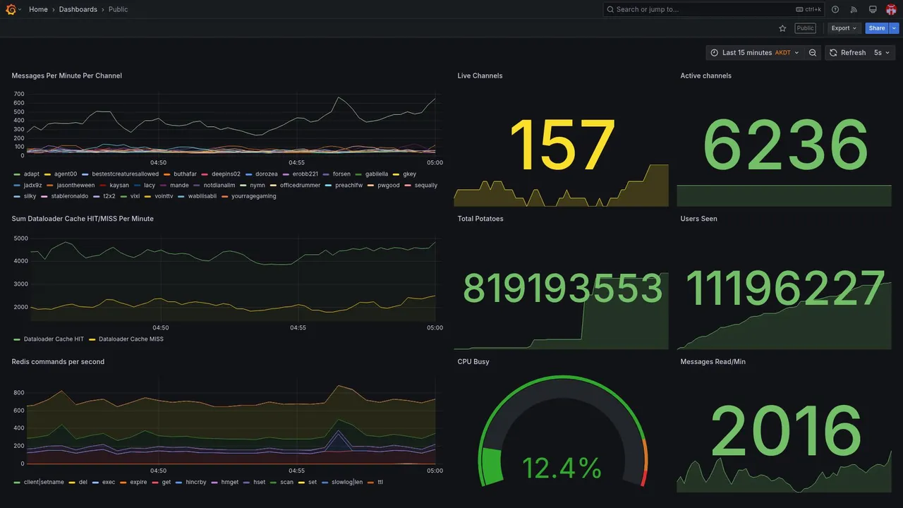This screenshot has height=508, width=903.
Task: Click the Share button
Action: point(877,28)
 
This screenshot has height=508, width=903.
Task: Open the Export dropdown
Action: point(844,28)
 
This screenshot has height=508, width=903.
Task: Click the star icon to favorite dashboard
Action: point(782,28)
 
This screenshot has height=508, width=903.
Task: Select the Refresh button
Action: point(847,53)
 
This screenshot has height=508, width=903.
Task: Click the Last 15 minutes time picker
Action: point(754,53)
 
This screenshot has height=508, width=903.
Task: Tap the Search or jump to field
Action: point(698,9)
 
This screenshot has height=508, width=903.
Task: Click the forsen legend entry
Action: point(341,174)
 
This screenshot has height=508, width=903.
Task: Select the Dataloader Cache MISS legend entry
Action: point(131,339)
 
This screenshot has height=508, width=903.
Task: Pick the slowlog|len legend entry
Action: point(346,483)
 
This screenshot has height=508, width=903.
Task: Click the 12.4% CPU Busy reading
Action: point(562,468)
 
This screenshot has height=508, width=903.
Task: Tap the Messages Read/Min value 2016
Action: point(784,431)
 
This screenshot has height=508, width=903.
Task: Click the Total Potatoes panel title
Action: point(480,219)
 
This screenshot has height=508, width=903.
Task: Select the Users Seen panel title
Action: point(698,219)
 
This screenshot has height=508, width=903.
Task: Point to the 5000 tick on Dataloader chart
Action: point(21,238)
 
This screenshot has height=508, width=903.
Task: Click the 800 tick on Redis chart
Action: point(18,393)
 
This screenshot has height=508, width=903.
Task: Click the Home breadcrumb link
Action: point(38,9)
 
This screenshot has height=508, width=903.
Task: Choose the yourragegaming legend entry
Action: point(253,196)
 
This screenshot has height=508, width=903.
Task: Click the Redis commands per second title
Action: point(58,362)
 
